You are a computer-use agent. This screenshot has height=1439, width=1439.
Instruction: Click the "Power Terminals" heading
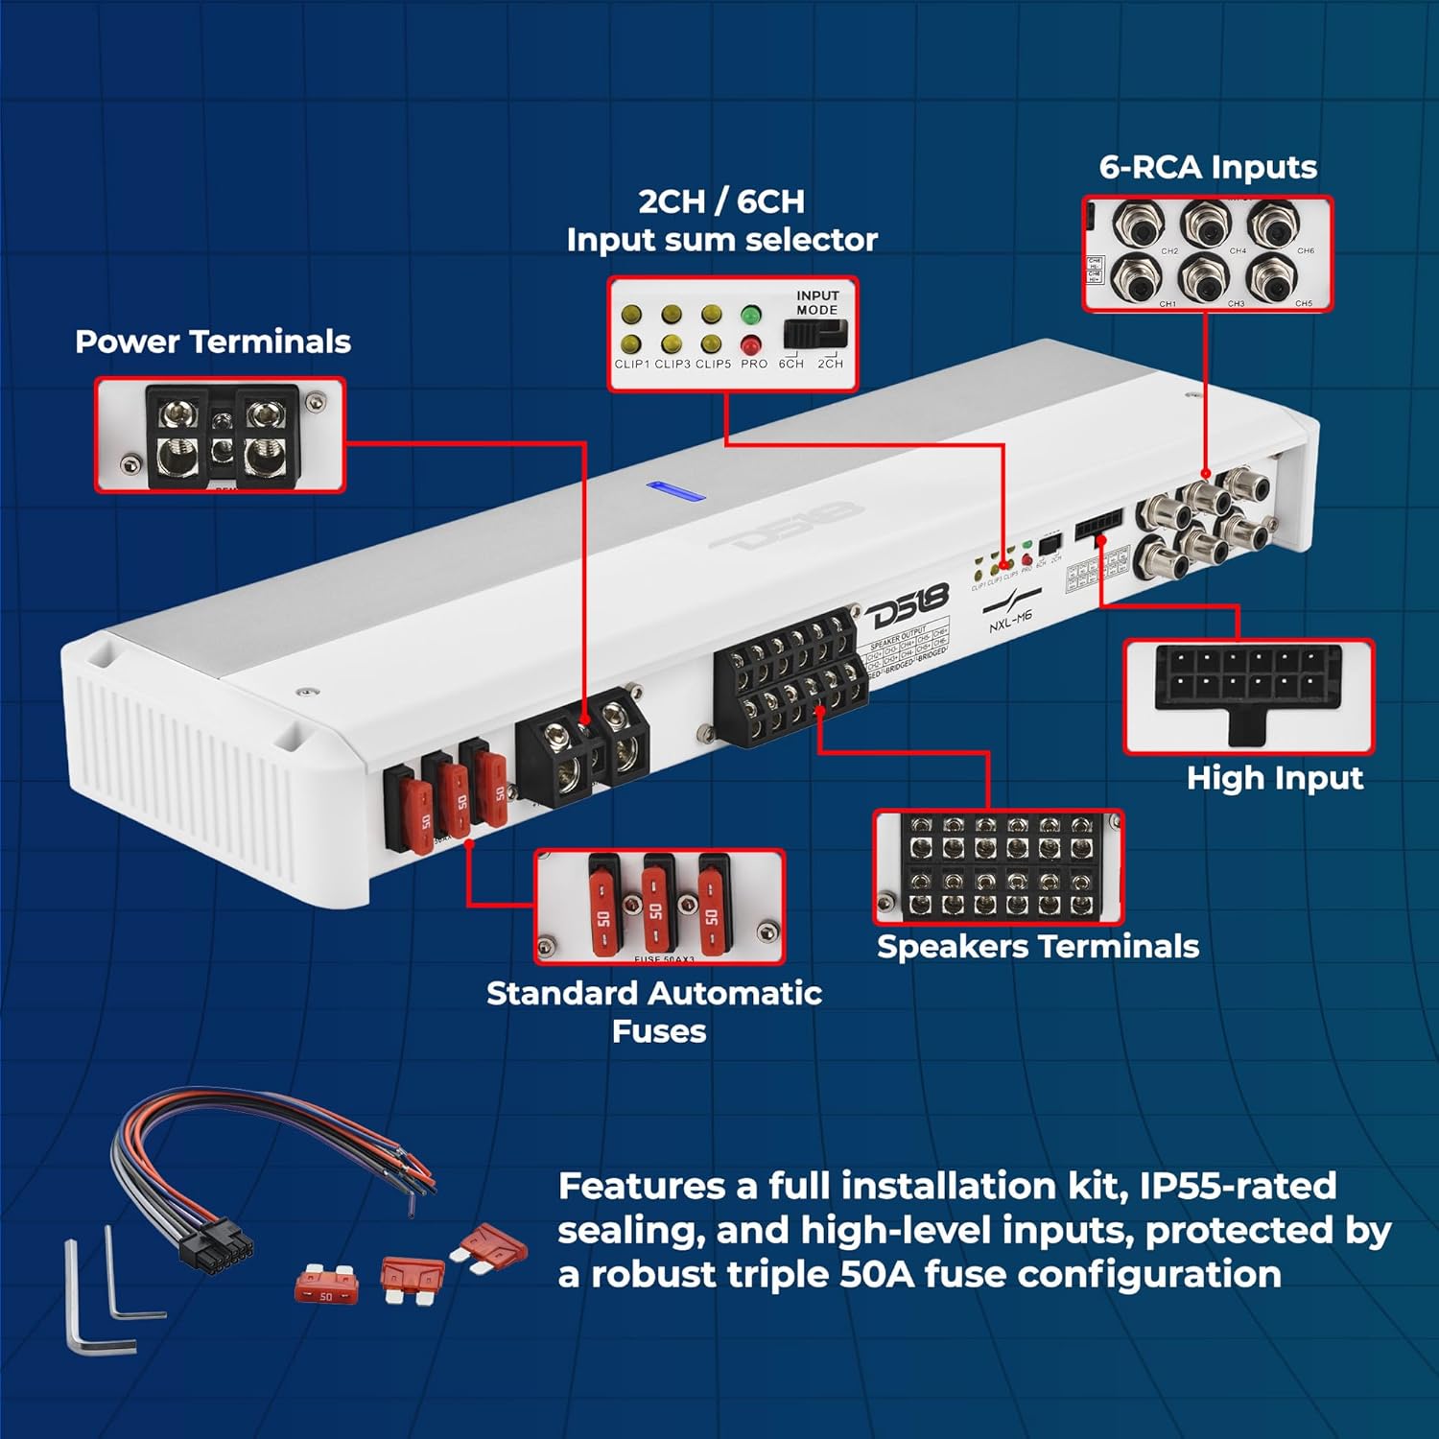[213, 342]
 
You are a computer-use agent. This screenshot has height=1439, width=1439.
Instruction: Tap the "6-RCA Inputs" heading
[1208, 168]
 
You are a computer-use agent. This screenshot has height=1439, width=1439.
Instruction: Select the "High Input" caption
[1274, 778]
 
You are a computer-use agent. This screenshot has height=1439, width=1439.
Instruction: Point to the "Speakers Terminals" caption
[1037, 947]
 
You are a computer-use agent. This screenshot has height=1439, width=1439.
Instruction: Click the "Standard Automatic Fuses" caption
[654, 1012]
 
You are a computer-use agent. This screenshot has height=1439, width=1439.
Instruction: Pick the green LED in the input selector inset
[751, 315]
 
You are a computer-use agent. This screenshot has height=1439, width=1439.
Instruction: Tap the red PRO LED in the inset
[751, 344]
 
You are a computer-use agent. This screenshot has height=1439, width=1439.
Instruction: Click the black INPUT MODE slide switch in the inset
[815, 334]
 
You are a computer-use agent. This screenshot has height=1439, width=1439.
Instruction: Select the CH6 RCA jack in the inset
[1273, 224]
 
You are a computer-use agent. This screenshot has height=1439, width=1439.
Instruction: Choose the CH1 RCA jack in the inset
[1139, 277]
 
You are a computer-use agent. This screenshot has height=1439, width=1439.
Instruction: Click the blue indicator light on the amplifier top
[676, 492]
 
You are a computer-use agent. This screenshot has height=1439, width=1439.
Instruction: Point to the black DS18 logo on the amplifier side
[907, 602]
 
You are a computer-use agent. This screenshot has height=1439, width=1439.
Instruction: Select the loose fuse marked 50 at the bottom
[326, 1286]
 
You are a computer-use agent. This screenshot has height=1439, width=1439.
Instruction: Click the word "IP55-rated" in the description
[1237, 1187]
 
